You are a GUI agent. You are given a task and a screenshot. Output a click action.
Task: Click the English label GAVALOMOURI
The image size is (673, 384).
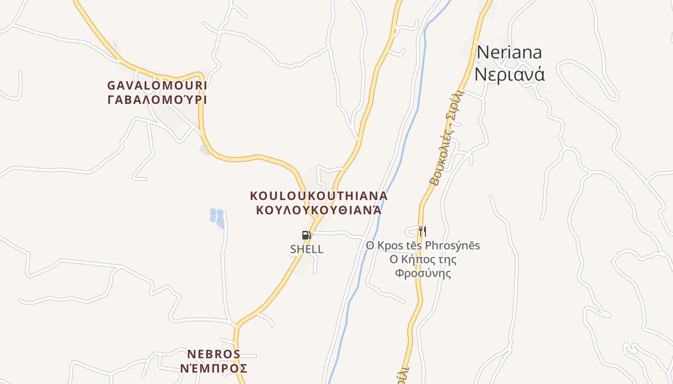(157, 85)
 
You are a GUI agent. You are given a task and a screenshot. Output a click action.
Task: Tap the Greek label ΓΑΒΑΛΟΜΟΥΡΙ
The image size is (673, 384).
(157, 100)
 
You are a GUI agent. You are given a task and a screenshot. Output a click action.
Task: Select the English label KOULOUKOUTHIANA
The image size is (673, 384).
(319, 196)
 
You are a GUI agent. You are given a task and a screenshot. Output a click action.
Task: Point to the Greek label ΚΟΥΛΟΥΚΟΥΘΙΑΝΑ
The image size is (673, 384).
(319, 210)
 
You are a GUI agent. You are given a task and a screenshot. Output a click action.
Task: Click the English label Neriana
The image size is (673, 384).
(509, 52)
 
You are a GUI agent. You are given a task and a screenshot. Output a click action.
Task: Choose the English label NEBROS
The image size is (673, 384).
(213, 354)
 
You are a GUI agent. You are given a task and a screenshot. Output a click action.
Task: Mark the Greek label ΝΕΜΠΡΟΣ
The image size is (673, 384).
(213, 369)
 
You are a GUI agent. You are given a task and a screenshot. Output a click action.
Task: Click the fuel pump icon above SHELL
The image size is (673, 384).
(306, 235)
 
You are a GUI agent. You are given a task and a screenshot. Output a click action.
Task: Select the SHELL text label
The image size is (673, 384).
(307, 250)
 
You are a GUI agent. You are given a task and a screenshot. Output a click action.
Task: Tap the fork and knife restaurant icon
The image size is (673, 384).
(422, 231)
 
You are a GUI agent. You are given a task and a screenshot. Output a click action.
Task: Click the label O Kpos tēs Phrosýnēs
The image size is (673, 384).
(423, 246)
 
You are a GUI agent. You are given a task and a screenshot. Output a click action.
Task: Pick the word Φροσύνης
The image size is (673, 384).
(423, 274)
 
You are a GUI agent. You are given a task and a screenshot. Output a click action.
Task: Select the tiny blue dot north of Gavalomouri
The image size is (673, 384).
(114, 45)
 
